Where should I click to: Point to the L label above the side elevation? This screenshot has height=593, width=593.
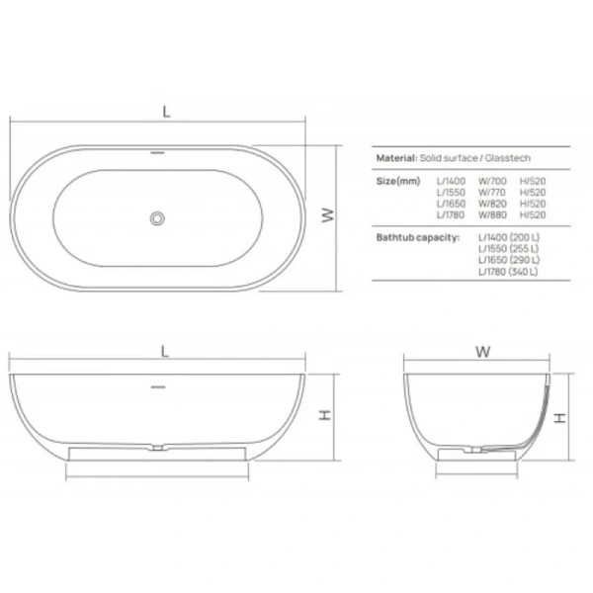click(x=165, y=351)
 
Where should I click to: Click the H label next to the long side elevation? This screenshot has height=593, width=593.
click(x=324, y=417)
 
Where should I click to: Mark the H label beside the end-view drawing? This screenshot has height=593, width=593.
click(x=559, y=417)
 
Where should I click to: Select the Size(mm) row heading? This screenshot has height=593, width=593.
click(x=398, y=182)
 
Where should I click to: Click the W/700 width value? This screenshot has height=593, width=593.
click(x=491, y=182)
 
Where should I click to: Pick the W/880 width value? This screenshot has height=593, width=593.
click(x=491, y=214)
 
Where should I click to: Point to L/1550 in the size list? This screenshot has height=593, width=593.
click(x=451, y=193)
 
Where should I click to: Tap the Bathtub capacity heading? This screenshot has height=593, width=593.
click(x=418, y=238)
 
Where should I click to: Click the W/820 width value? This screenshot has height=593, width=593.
click(x=491, y=204)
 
